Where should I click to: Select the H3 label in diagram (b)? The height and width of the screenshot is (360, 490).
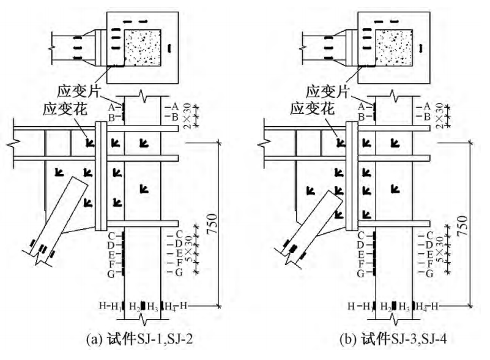tap(404, 306)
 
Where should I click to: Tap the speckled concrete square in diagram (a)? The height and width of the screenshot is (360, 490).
tap(143, 47)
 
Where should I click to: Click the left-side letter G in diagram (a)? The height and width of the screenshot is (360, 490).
tap(111, 273)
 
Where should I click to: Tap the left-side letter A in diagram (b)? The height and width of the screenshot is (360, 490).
tap(361, 106)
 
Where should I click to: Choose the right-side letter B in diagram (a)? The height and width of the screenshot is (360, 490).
tap(175, 116)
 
